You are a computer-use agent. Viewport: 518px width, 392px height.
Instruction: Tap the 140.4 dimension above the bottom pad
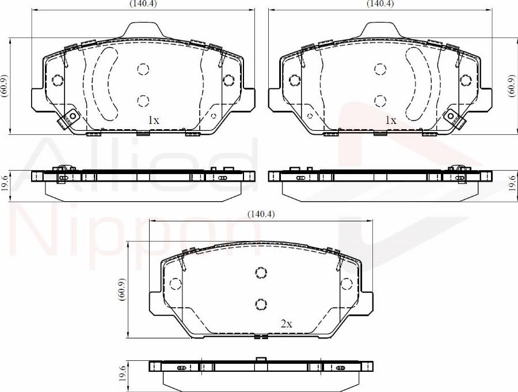pyautogui.click(x=262, y=214)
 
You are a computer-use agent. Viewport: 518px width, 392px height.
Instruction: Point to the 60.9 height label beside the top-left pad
pyautogui.click(x=5, y=86)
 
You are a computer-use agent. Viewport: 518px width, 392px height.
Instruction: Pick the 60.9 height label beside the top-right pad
pyautogui.click(x=512, y=86)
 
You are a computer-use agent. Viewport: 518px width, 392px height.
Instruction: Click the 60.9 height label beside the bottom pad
pyautogui.click(x=121, y=288)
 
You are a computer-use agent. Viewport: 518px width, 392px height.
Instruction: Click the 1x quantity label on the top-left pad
pyautogui.click(x=153, y=120)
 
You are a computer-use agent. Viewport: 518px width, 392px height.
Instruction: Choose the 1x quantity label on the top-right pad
pyautogui.click(x=390, y=120)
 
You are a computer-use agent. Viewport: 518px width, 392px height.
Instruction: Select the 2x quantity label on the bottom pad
pyautogui.click(x=286, y=324)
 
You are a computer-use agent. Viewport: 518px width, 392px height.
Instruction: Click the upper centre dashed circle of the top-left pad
pyautogui.click(x=143, y=69)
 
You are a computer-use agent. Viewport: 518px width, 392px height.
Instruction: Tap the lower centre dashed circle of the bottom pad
pyautogui.click(x=261, y=304)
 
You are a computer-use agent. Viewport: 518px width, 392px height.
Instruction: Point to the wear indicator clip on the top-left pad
pyautogui.click(x=69, y=118)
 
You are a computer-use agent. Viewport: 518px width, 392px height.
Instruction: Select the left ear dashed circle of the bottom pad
pyautogui.click(x=174, y=284)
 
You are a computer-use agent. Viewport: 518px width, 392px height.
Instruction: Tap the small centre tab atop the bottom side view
pyautogui.click(x=261, y=360)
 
